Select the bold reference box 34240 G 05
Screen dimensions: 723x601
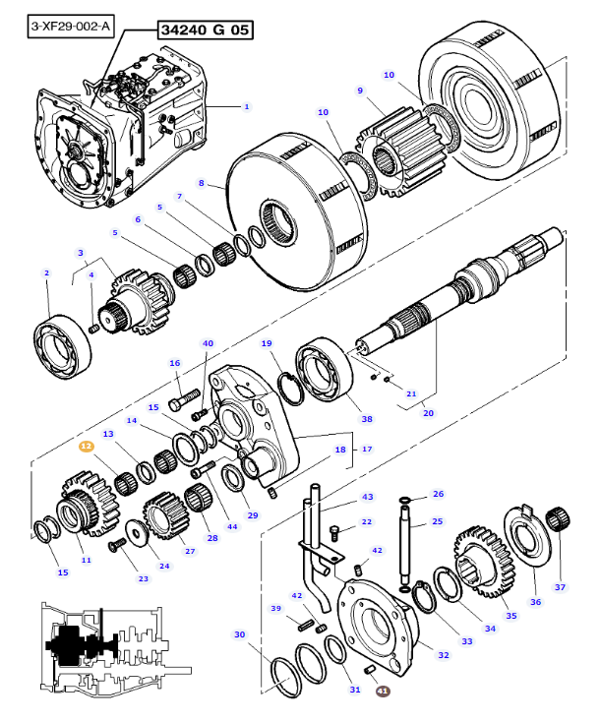point(201,30)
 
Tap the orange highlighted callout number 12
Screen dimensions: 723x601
point(86,446)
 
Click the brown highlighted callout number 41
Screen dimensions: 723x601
point(383,692)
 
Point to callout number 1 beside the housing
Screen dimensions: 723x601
point(247,106)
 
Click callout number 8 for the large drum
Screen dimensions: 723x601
point(201,183)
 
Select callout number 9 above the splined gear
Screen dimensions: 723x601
point(361,90)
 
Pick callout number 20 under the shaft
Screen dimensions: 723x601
point(428,413)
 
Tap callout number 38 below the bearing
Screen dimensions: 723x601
point(367,419)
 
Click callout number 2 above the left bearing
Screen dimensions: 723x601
point(46,272)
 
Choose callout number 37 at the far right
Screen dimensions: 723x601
point(561,587)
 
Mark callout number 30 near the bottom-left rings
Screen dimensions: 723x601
point(239,634)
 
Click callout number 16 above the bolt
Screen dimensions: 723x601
point(175,363)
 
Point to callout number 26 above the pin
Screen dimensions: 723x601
point(439,494)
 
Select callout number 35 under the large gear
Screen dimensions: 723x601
point(511,616)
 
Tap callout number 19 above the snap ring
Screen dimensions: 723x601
point(267,343)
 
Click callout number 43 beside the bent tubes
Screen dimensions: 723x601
point(367,497)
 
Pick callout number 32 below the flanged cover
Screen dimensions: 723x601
point(443,654)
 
